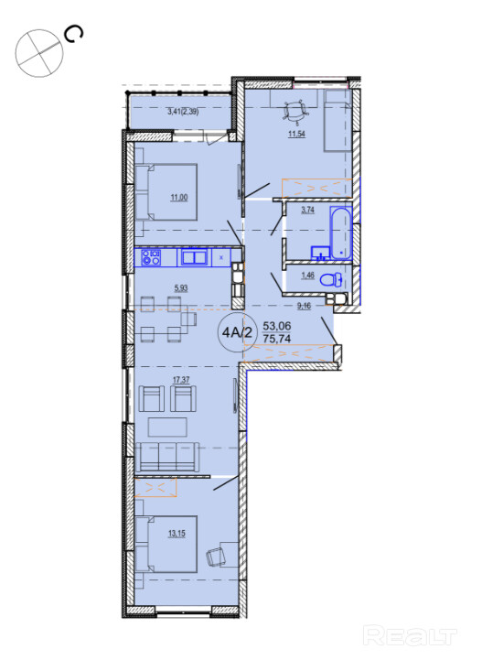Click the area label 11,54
296,134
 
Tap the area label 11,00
178,198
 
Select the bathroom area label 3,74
308,210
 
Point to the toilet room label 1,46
307,276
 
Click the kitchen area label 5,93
181,288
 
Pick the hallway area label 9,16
304,306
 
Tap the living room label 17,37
181,380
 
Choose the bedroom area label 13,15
177,533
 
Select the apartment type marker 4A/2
238,332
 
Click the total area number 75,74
277,339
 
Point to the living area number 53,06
277,326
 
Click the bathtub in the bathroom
341,233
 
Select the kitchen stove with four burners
151,257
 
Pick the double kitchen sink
195,257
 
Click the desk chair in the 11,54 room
295,111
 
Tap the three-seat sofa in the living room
166,457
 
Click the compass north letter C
73,34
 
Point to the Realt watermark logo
410,635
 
